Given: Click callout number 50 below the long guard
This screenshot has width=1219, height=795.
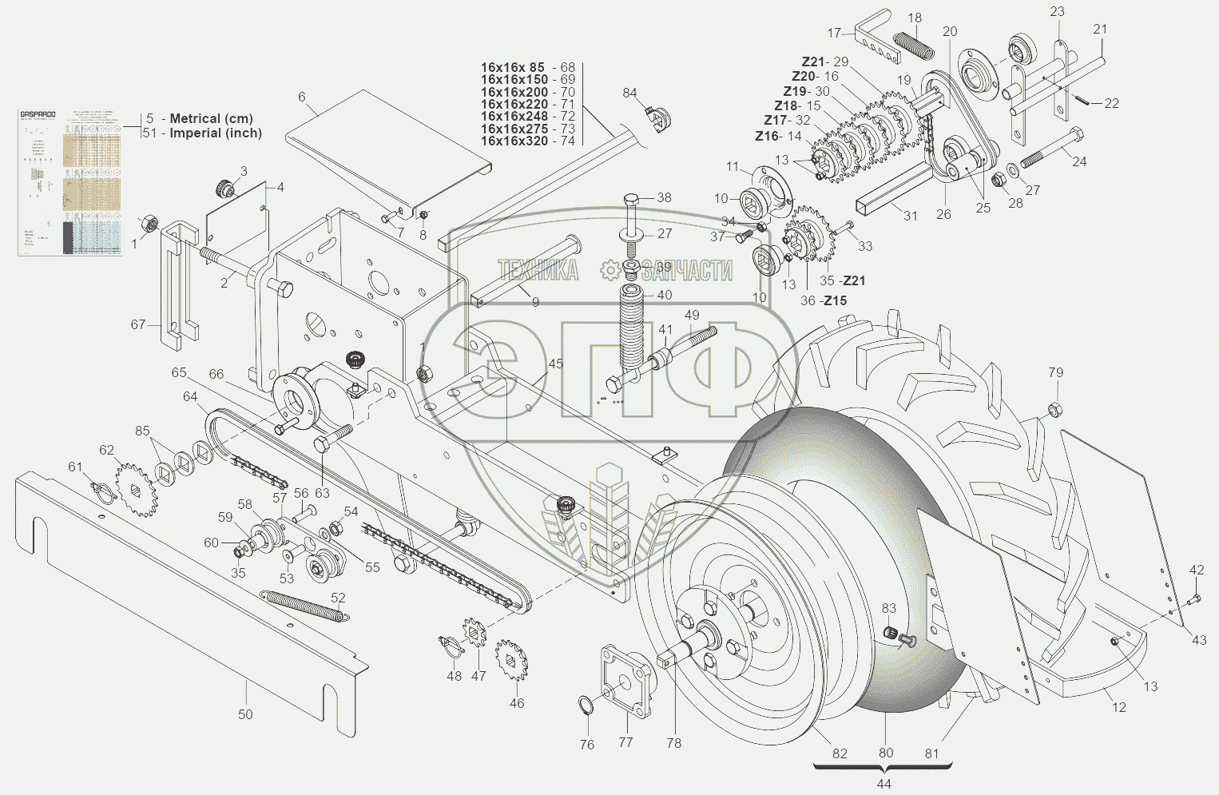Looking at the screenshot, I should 245,714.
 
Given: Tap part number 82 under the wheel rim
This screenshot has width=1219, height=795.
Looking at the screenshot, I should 840,753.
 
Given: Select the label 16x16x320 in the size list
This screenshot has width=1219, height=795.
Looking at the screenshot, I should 514,141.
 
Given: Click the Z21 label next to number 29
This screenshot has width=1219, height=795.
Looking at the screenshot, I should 813,62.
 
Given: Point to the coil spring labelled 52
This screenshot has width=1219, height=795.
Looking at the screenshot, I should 304,604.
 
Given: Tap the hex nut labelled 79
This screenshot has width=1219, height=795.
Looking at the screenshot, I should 1054,410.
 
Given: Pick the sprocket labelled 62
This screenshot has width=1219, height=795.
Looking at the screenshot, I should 133,489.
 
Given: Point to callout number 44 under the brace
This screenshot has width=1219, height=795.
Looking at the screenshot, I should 883,784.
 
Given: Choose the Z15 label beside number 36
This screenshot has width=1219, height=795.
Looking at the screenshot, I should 836,300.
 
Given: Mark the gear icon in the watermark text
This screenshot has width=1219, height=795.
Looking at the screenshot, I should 610,270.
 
